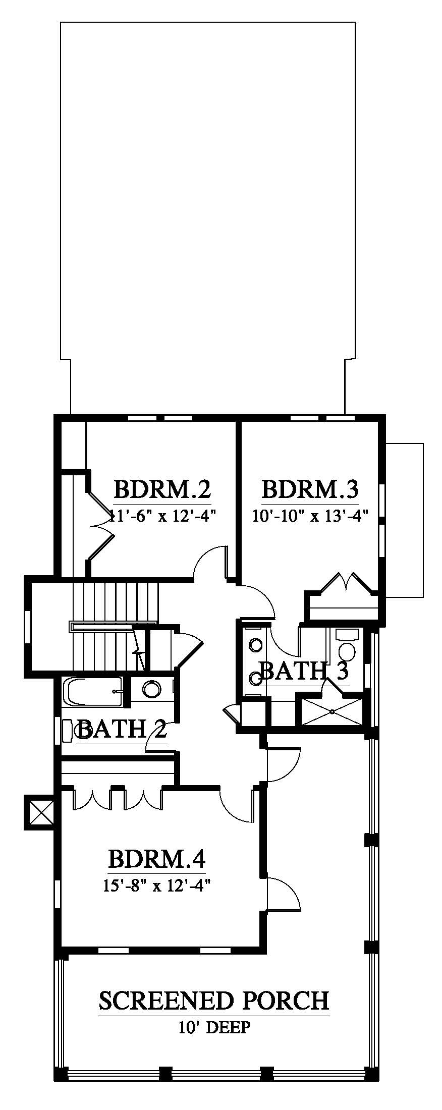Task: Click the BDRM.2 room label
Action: pos(162,489)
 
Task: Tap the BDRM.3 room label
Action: pos(310,489)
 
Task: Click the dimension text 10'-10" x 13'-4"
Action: pos(310,516)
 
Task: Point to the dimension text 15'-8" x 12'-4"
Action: pos(157,885)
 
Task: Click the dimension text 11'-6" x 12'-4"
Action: pos(162,516)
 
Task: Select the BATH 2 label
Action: pos(122,729)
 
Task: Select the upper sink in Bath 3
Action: pos(256,645)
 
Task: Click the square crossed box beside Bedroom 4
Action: pos(39,812)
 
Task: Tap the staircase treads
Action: pos(116,626)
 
